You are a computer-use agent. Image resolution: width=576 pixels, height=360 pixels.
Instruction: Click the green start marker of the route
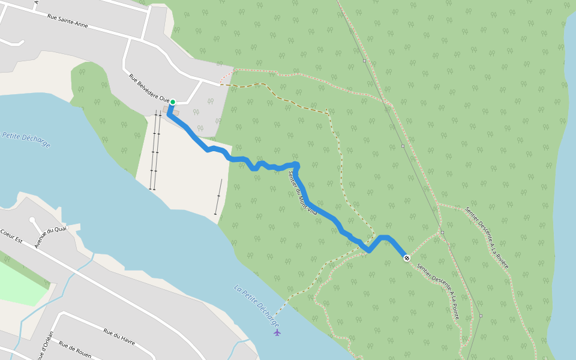tap(172, 102)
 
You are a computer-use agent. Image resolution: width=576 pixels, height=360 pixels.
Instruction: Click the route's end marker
tap(407, 258)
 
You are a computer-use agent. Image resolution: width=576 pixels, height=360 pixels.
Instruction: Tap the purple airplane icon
tap(277, 332)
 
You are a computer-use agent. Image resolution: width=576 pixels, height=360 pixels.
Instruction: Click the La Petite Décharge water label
tap(257, 305)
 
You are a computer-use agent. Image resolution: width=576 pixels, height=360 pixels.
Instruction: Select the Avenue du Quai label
tap(50, 238)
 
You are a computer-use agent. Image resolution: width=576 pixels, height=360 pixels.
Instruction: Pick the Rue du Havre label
tap(119, 336)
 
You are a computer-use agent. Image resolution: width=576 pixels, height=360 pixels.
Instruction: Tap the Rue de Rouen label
tap(75, 349)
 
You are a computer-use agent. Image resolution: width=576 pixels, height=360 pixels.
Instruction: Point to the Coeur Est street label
tap(11, 236)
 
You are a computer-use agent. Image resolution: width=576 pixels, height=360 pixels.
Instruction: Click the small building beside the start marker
tap(166, 109)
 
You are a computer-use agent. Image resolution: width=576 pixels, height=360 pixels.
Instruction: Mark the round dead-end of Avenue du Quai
tap(32, 220)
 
